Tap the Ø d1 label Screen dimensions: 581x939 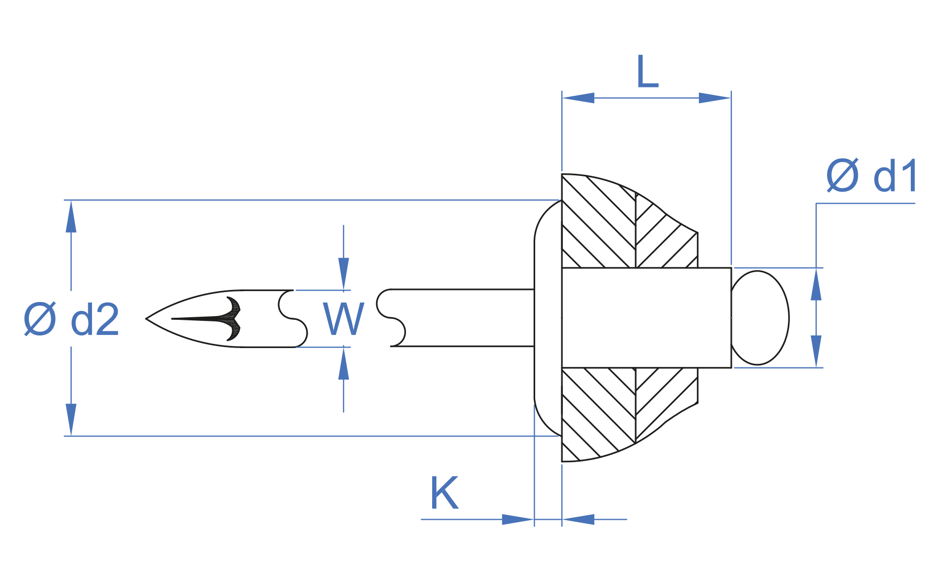point(872,176)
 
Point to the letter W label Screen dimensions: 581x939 point(343,319)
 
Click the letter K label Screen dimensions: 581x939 point(444,493)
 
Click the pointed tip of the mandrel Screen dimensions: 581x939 point(148,318)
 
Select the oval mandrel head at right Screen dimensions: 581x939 point(760,318)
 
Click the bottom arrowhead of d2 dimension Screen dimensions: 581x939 point(71,419)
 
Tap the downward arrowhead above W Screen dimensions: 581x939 point(344,274)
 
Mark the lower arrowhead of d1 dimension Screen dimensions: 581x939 point(816,351)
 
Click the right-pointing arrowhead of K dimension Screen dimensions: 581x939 point(517,519)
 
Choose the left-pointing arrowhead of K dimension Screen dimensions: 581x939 point(579,519)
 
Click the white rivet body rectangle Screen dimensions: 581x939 point(646,318)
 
